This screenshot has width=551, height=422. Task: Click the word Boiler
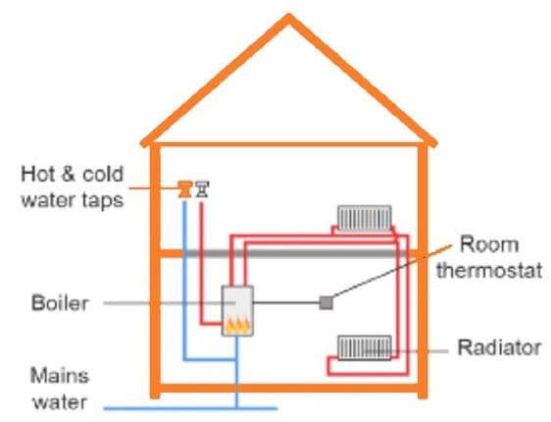coord(60,303)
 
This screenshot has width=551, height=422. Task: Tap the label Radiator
coord(499,347)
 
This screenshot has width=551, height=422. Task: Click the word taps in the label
coord(105,201)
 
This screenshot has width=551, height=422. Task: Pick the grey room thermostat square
coord(326,302)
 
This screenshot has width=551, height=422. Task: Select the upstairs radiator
coord(364,216)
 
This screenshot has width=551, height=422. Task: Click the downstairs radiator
coord(364,346)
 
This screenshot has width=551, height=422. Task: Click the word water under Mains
coord(59,401)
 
